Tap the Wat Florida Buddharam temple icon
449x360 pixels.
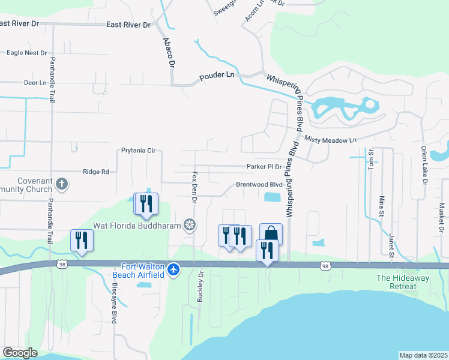(x=190, y=225)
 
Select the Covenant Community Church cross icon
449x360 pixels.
(x=61, y=183)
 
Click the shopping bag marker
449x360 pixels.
(x=271, y=233)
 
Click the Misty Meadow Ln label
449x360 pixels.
(x=330, y=139)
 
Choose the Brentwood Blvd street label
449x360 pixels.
(x=259, y=185)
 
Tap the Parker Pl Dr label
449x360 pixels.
(x=264, y=166)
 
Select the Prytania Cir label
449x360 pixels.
(x=138, y=151)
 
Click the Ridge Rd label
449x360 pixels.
(x=96, y=172)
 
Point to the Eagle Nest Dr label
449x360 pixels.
(x=26, y=53)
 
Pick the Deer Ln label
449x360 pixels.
(x=34, y=83)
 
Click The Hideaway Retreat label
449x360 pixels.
(x=396, y=282)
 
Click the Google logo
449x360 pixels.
(x=19, y=353)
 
